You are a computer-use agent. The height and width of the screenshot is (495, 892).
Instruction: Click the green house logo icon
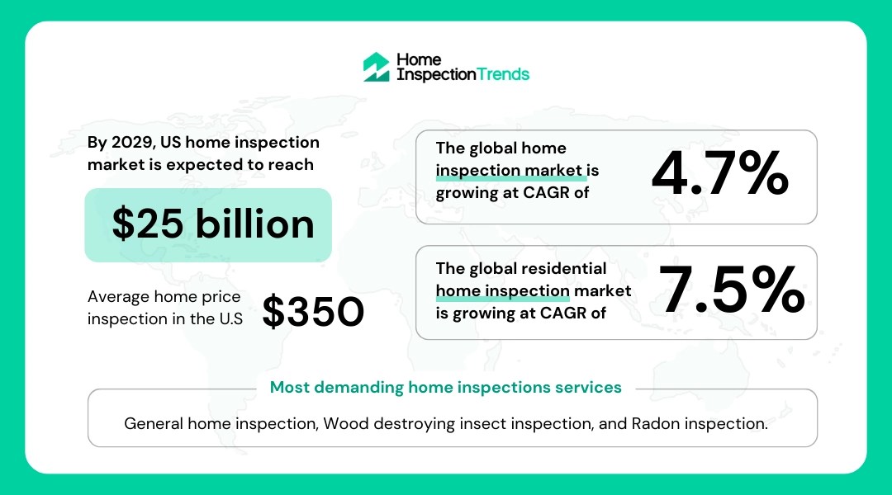pyautogui.click(x=376, y=67)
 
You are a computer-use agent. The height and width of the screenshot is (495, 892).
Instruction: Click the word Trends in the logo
pyautogui.click(x=503, y=74)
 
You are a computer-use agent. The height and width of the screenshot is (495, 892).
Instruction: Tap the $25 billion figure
pyautogui.click(x=213, y=224)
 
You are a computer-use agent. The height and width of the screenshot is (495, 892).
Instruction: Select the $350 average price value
pyautogui.click(x=313, y=311)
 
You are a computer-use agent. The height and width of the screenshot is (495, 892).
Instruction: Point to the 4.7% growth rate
pyautogui.click(x=719, y=175)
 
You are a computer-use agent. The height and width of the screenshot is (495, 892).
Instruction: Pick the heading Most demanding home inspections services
pyautogui.click(x=446, y=387)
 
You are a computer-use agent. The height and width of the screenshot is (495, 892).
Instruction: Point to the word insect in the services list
pyautogui.click(x=477, y=424)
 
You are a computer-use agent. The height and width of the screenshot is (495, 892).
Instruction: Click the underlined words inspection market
pyautogui.click(x=510, y=171)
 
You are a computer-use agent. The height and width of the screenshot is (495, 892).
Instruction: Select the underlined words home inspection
pyautogui.click(x=502, y=291)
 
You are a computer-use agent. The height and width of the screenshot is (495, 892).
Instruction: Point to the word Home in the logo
pyautogui.click(x=419, y=60)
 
